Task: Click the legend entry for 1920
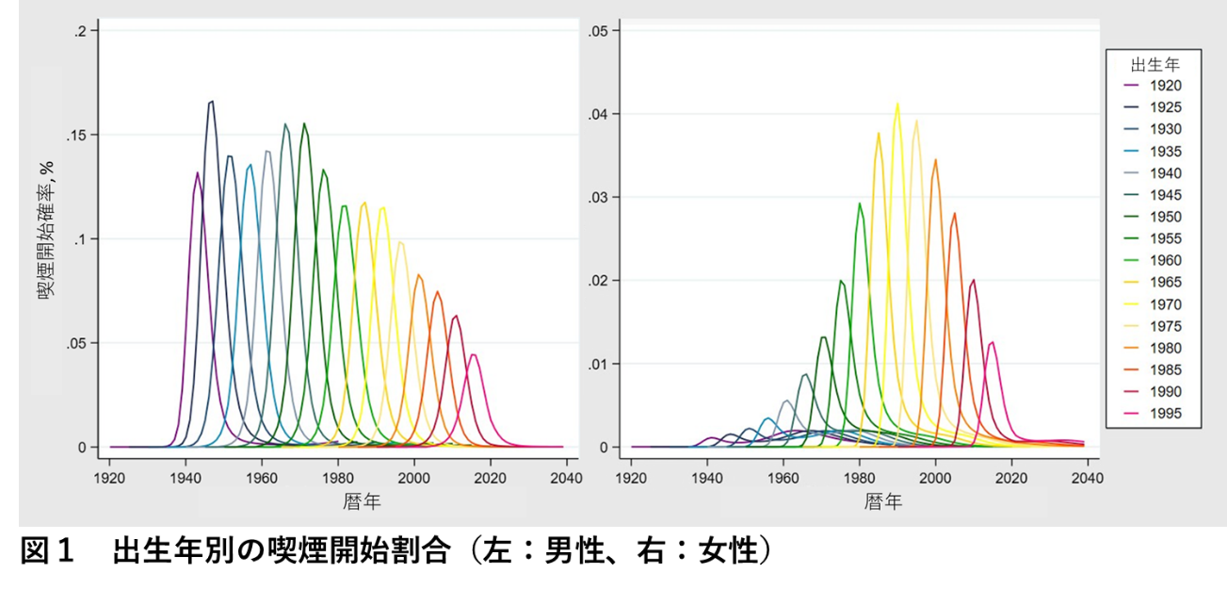(x=1153, y=86)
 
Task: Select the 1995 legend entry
(x=1153, y=414)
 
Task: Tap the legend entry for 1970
(x=1153, y=304)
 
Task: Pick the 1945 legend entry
(x=1153, y=195)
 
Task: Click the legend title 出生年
(x=1155, y=65)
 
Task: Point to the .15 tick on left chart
(x=76, y=135)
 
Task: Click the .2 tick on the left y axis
(x=80, y=31)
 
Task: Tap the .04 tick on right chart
(x=598, y=114)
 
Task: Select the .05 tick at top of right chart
(x=598, y=31)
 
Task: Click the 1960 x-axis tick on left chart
(x=262, y=478)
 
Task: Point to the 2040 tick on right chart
(x=1088, y=478)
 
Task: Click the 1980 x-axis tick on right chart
(x=860, y=478)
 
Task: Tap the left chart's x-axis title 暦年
(x=362, y=501)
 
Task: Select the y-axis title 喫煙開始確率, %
(x=46, y=230)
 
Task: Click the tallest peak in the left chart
(x=212, y=101)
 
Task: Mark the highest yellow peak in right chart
(x=897, y=103)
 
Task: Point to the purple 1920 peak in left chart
(x=197, y=172)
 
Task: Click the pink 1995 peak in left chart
(x=474, y=354)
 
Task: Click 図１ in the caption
(x=47, y=550)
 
